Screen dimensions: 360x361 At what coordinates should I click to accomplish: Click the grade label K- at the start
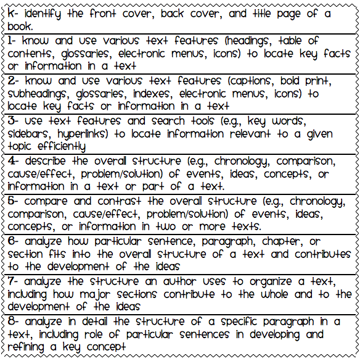tap(12, 14)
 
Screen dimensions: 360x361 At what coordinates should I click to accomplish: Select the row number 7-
tap(12, 281)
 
